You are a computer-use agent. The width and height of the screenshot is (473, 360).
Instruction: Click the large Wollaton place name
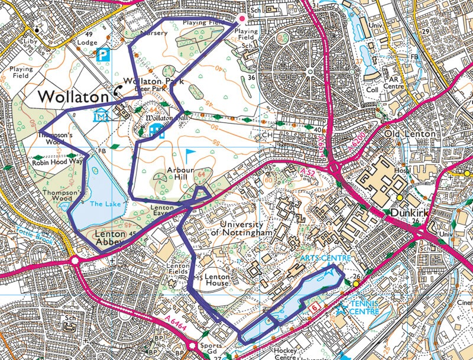[x=74, y=96]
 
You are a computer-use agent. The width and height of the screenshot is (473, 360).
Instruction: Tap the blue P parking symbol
[x=103, y=55]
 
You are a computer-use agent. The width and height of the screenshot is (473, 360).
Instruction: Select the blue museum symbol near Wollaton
[x=100, y=115]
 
